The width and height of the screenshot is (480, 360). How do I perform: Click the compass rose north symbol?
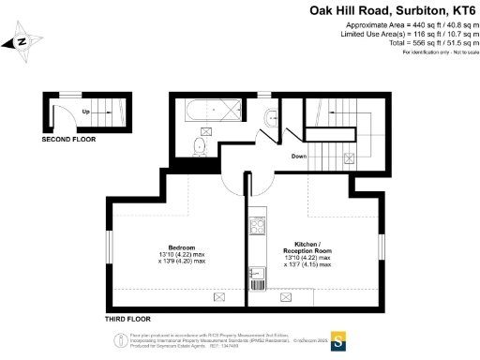coord(22,41)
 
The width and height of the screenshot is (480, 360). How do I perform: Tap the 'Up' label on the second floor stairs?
coord(85,112)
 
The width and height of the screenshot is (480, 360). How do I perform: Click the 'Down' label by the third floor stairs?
coord(299,156)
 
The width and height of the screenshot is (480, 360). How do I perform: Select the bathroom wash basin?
coord(269,116)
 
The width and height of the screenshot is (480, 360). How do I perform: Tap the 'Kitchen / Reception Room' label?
coord(307,247)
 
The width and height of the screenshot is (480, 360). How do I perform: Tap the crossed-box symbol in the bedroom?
coord(220,296)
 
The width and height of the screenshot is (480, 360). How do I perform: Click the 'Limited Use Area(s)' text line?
coord(406,34)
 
